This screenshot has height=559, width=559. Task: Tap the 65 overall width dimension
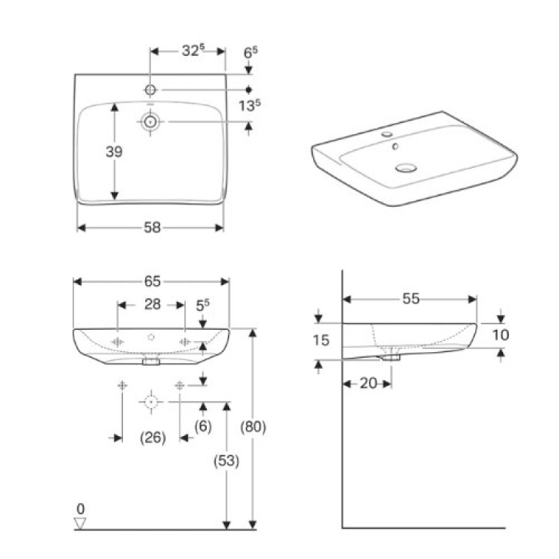click(x=152, y=282)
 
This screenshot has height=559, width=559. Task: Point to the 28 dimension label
click(x=152, y=305)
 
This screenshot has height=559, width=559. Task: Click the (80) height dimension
click(x=252, y=427)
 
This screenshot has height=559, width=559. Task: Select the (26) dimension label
click(x=152, y=437)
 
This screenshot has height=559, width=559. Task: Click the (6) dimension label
click(x=203, y=427)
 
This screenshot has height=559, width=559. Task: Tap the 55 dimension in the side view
click(x=410, y=298)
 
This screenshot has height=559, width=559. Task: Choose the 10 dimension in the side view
click(x=500, y=335)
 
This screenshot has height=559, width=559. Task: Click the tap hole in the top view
click(x=152, y=89)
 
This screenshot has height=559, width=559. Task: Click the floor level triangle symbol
click(x=82, y=522)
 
